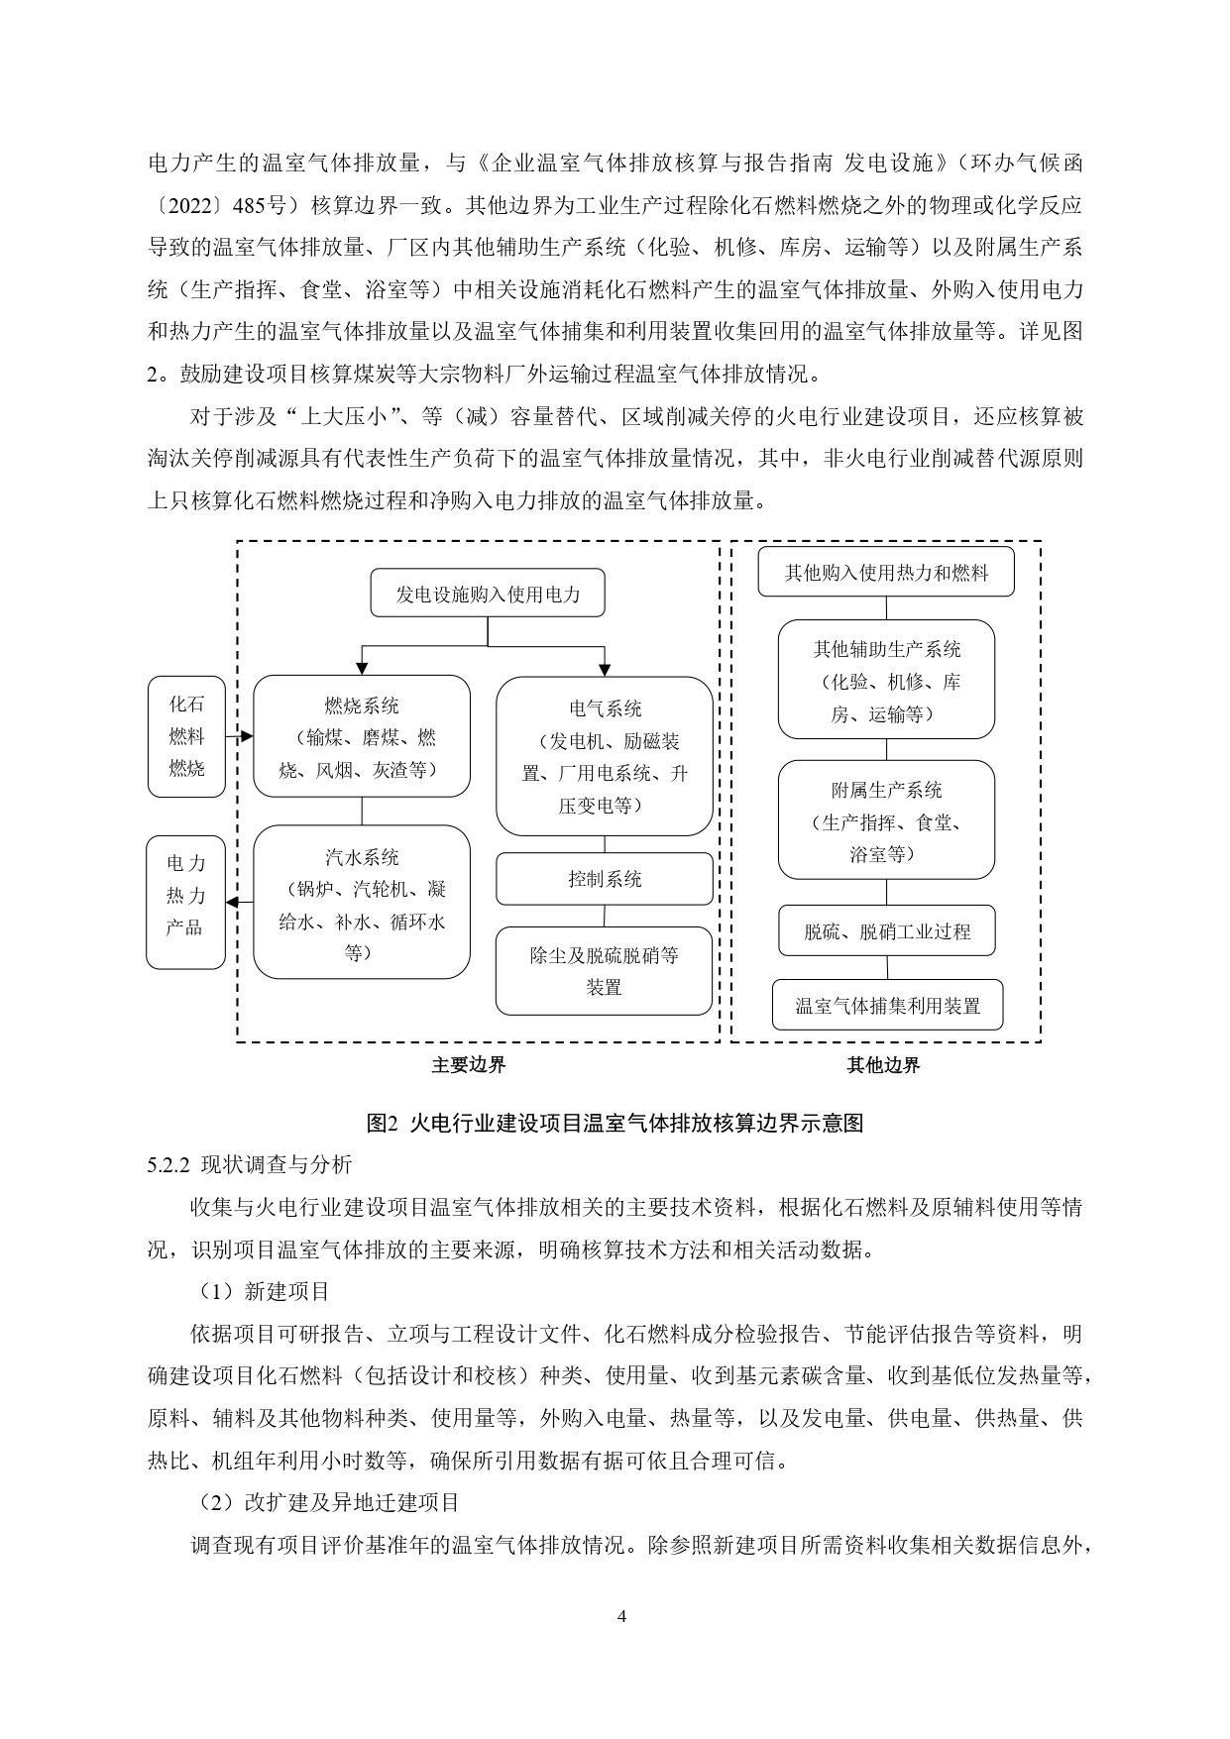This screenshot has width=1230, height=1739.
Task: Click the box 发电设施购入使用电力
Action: coord(488,594)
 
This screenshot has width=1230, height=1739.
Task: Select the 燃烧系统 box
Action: coord(362,736)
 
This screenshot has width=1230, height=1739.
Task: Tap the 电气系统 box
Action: coord(604,756)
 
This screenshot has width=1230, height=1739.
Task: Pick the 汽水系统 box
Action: coord(362,902)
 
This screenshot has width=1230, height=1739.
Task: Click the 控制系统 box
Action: coord(604,879)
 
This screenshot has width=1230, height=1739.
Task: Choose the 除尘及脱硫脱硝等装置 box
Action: coord(604,971)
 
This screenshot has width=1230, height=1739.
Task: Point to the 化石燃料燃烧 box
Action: coord(186,736)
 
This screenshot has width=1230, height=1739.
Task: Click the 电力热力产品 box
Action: coord(185,902)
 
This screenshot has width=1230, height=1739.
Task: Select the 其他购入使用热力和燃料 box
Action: coord(886,572)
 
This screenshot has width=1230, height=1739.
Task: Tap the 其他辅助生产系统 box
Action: coord(886,680)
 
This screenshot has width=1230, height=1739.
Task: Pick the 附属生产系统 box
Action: coord(886,819)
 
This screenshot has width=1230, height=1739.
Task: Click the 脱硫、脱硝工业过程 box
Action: coord(886,930)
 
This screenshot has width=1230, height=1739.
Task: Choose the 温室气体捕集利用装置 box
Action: coord(886,1005)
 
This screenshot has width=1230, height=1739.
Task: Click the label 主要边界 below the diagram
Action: coord(468,1065)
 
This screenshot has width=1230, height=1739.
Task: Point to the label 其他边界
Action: coord(883,1065)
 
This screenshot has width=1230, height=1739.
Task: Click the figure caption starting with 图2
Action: coord(615,1123)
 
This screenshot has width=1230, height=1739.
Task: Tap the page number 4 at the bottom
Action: coord(621,1616)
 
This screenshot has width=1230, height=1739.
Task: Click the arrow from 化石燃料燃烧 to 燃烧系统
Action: coord(239,736)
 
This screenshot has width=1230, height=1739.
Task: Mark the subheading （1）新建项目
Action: coord(259,1291)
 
